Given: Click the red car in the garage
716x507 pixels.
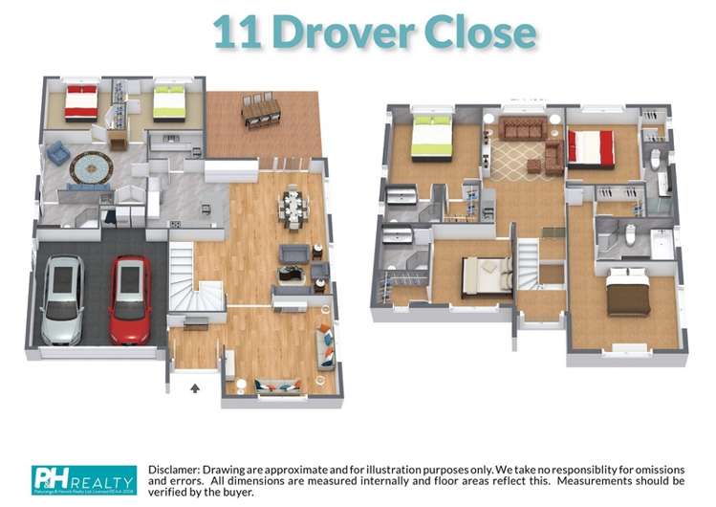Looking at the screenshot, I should tap(129, 298).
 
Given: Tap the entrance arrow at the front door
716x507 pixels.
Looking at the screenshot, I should tap(195, 388).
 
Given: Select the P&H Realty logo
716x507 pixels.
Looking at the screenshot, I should tap(84, 479).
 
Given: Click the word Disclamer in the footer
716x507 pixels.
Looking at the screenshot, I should tap(183, 469).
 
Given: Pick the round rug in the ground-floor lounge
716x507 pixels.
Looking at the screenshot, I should tap(91, 167).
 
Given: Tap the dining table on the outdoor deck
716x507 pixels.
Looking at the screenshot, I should tap(261, 112).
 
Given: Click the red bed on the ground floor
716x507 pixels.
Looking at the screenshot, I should tap(81, 102).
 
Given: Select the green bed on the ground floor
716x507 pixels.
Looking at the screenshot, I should tap(169, 102).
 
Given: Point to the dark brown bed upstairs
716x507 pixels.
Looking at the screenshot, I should tap(628, 294).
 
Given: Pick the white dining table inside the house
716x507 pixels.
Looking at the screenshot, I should tap(293, 206).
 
